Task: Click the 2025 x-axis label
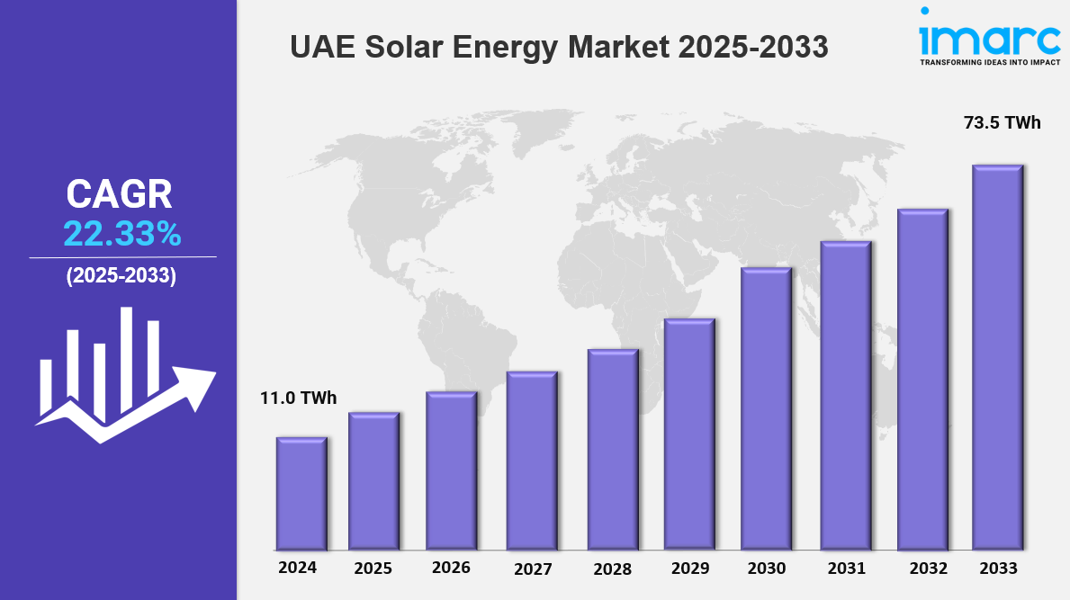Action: pyautogui.click(x=373, y=569)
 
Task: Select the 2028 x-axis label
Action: pyautogui.click(x=613, y=569)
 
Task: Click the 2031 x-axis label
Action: pyautogui.click(x=846, y=569)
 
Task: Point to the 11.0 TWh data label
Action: pyautogui.click(x=299, y=398)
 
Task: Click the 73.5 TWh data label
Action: pyautogui.click(x=1003, y=123)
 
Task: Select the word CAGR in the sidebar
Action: pyautogui.click(x=119, y=195)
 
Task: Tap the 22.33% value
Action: pyautogui.click(x=121, y=235)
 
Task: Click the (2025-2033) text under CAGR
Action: pyautogui.click(x=121, y=276)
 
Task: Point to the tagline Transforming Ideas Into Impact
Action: pyautogui.click(x=989, y=63)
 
